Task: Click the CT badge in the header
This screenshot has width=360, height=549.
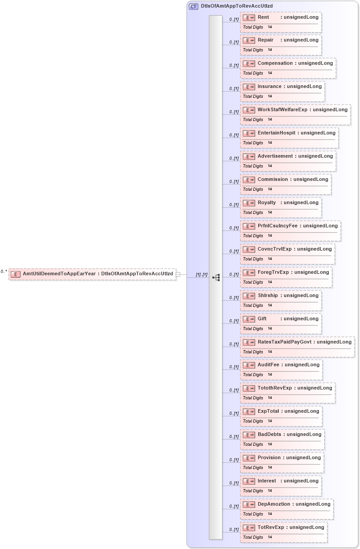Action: pyautogui.click(x=193, y=6)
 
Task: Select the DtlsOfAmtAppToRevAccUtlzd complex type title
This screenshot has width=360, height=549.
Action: pyautogui.click(x=237, y=6)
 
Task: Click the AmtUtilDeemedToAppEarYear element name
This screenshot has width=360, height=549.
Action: pyautogui.click(x=59, y=273)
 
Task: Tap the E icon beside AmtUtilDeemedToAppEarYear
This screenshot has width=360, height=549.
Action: pyautogui.click(x=16, y=274)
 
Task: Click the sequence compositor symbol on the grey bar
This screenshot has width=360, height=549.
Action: pyautogui.click(x=216, y=278)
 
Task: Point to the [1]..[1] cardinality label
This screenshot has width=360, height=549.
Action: pyautogui.click(x=201, y=275)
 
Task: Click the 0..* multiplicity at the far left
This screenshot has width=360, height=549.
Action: pyautogui.click(x=4, y=271)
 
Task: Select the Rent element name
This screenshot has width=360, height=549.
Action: pyautogui.click(x=263, y=17)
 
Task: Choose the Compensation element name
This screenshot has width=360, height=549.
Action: pyautogui.click(x=275, y=63)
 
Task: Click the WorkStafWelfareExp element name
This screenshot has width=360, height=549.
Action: pyautogui.click(x=282, y=109)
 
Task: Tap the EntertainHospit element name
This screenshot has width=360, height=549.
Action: pyautogui.click(x=276, y=133)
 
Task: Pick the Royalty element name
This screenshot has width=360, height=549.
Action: pyautogui.click(x=267, y=203)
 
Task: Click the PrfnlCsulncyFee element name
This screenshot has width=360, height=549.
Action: pyautogui.click(x=277, y=226)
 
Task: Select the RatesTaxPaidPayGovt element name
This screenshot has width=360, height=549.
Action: pyautogui.click(x=285, y=342)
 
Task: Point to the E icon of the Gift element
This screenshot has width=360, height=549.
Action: pyautogui.click(x=249, y=319)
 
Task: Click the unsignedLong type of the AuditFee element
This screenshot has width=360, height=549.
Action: pyautogui.click(x=302, y=365)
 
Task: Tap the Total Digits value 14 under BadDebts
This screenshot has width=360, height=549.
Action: pyautogui.click(x=270, y=444)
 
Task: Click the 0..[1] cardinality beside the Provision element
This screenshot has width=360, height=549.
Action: pyautogui.click(x=234, y=460)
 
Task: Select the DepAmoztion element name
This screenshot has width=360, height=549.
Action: pyautogui.click(x=274, y=504)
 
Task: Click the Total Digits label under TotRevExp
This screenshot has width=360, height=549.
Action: pyautogui.click(x=253, y=537)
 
